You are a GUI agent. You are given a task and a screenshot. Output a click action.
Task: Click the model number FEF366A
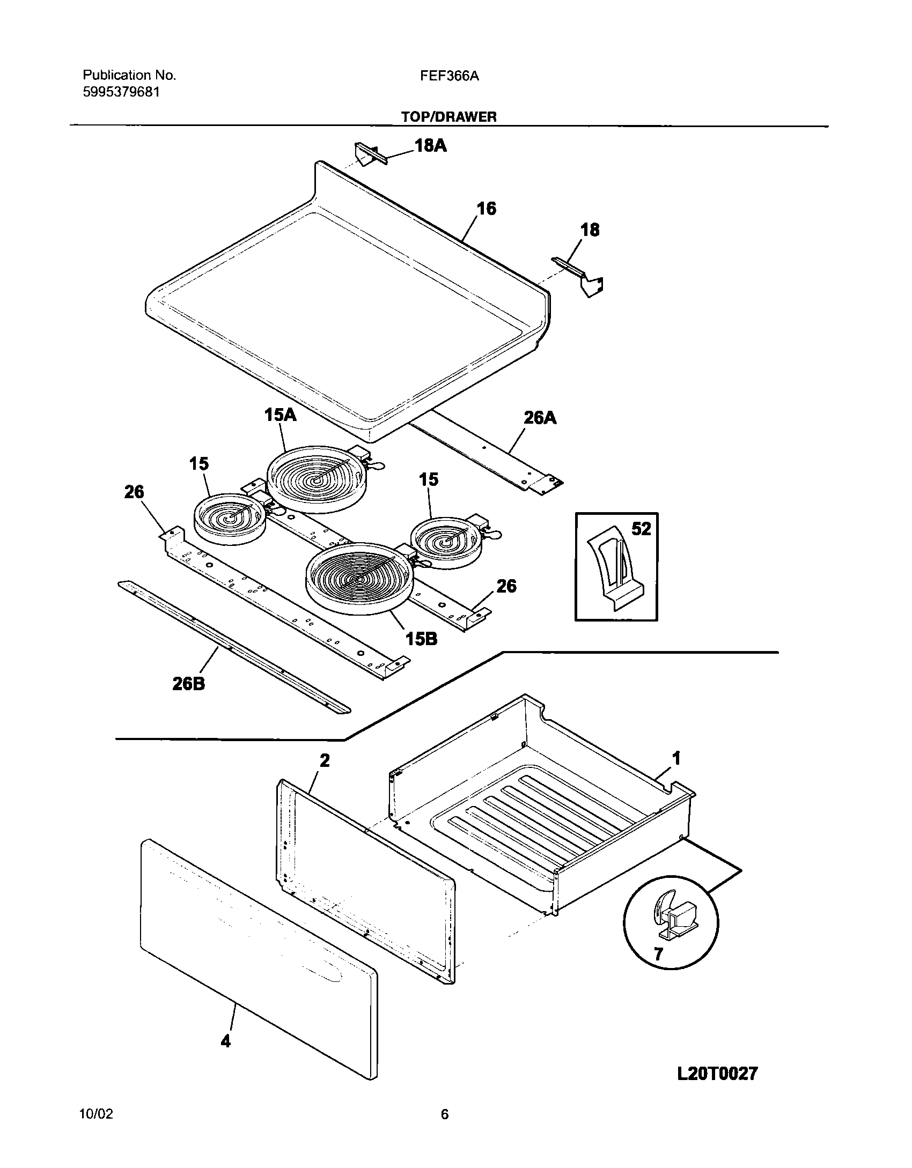(x=450, y=76)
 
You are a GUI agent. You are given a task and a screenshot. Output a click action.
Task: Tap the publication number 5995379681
(x=121, y=92)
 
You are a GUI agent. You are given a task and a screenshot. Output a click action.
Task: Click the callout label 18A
(x=430, y=145)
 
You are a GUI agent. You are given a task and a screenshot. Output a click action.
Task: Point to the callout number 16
(x=486, y=208)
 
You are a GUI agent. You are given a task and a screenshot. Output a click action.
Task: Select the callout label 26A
(x=540, y=418)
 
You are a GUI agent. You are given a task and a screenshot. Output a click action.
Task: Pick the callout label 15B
(x=421, y=639)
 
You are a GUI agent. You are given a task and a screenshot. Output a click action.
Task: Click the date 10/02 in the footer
(x=96, y=1114)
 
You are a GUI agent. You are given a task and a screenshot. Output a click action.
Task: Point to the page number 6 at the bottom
(x=444, y=1114)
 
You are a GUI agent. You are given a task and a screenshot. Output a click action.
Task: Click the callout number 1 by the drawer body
(x=676, y=758)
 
